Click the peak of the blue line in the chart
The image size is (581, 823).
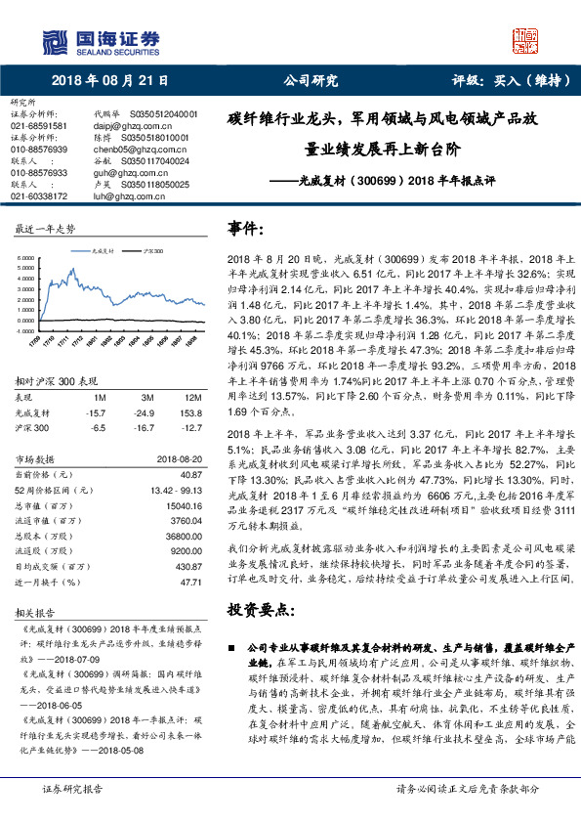click(x=71, y=270)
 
